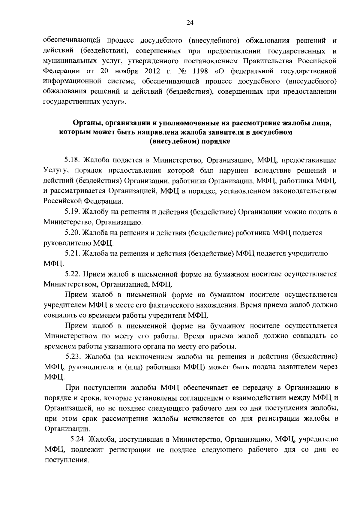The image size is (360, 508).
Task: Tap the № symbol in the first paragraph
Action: pos(183,71)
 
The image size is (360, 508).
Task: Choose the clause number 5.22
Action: pos(73,274)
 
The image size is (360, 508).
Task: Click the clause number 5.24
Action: pos(78,440)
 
